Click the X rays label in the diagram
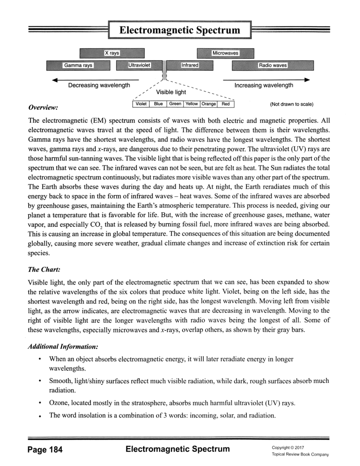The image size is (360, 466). (112, 53)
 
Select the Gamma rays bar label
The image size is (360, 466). (78, 65)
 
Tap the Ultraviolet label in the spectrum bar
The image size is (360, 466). (139, 65)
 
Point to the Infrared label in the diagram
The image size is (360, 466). (190, 65)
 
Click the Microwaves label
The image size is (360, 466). (225, 53)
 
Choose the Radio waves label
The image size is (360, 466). (272, 65)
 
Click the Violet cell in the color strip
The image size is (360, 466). (141, 104)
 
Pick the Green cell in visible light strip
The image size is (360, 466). (175, 104)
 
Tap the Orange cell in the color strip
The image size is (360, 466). (208, 104)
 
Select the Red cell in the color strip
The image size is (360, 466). (226, 104)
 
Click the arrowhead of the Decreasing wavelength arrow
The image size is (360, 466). (54, 80)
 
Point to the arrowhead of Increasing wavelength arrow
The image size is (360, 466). (307, 80)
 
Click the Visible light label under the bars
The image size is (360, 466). (171, 92)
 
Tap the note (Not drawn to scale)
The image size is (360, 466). (292, 104)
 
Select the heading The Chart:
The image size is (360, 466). (44, 269)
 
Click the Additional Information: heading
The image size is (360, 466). (63, 346)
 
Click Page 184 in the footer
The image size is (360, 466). (45, 449)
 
